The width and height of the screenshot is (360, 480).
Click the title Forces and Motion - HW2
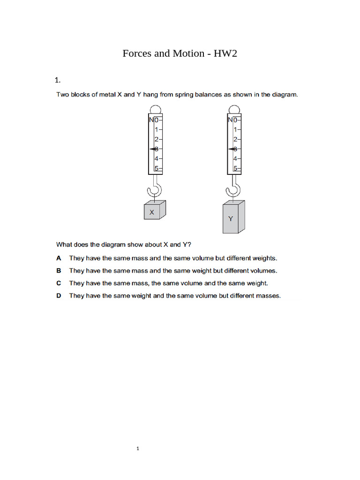[180, 53]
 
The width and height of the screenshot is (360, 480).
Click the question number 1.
[58, 79]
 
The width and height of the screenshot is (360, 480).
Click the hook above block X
[155, 189]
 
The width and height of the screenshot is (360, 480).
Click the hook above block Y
[233, 189]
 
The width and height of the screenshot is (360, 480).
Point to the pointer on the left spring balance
[153, 149]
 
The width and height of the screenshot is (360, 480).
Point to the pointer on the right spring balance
[232, 149]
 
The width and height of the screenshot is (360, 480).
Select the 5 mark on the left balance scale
[157, 168]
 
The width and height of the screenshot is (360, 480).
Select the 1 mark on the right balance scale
[236, 129]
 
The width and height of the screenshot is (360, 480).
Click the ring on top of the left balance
[155, 109]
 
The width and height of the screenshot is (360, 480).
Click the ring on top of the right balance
[234, 109]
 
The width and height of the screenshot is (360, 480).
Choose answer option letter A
[59, 258]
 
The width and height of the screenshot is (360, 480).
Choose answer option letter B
[59, 270]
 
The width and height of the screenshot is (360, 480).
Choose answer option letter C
[59, 283]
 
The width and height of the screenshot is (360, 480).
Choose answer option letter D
[59, 296]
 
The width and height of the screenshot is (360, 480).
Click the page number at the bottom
[138, 449]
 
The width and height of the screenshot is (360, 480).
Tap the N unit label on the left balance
[151, 120]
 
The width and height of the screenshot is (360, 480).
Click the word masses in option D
[268, 296]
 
